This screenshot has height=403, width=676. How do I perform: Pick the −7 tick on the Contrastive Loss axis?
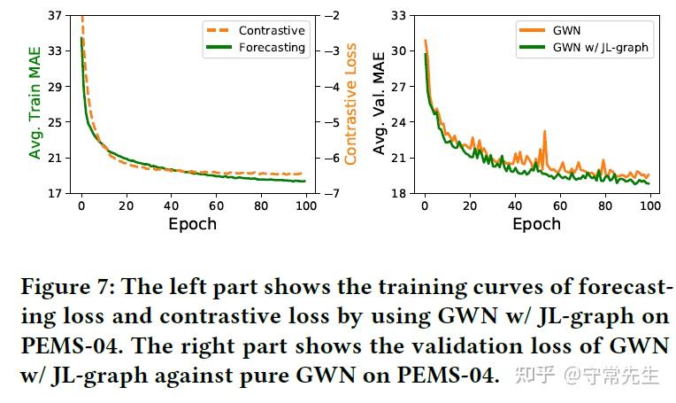326,193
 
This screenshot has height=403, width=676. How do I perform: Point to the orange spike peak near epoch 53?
544,131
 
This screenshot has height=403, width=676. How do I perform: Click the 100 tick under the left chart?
305,205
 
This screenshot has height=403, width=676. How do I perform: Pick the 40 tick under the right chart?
515,205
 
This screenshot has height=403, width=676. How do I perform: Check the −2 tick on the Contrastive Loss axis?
326,16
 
